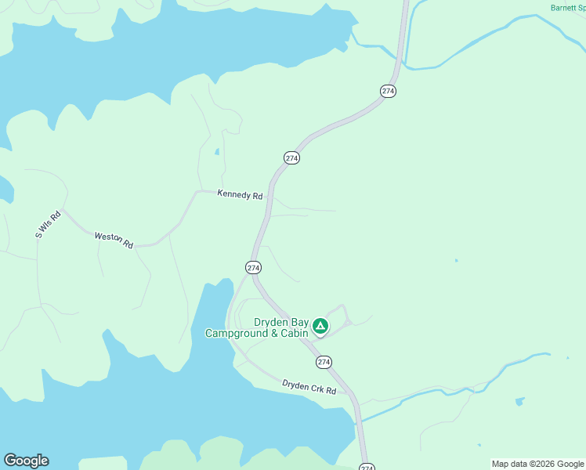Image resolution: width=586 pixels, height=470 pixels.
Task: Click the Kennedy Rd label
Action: pyautogui.click(x=240, y=196)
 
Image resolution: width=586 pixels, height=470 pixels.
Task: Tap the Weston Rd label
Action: pyautogui.click(x=114, y=240)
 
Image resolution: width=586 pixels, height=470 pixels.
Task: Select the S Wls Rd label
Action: pyautogui.click(x=48, y=225)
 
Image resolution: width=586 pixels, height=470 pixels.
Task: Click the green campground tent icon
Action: pyautogui.click(x=320, y=326)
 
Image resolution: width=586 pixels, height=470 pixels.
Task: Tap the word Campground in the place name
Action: pyautogui.click(x=236, y=334)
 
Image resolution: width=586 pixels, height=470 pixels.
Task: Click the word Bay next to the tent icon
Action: pyautogui.click(x=298, y=322)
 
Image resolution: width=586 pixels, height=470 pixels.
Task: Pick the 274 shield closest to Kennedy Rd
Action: pyautogui.click(x=291, y=157)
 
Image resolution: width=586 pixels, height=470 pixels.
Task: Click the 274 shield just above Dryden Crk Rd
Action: pyautogui.click(x=324, y=362)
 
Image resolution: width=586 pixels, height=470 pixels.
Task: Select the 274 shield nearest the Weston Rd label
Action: pyautogui.click(x=253, y=268)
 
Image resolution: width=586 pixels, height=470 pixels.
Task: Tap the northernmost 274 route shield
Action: pyautogui.click(x=388, y=91)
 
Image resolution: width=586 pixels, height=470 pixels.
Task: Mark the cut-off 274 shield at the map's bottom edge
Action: pyautogui.click(x=367, y=467)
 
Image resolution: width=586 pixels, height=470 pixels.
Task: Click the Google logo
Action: pyautogui.click(x=26, y=461)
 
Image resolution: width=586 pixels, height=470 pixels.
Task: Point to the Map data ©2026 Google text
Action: pyautogui.click(x=538, y=464)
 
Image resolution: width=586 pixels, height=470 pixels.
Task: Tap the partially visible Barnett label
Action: pyautogui.click(x=566, y=8)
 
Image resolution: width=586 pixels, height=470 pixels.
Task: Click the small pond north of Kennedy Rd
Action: pyautogui.click(x=216, y=151)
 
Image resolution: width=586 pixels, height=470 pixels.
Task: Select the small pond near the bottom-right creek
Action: pyautogui.click(x=520, y=402)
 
